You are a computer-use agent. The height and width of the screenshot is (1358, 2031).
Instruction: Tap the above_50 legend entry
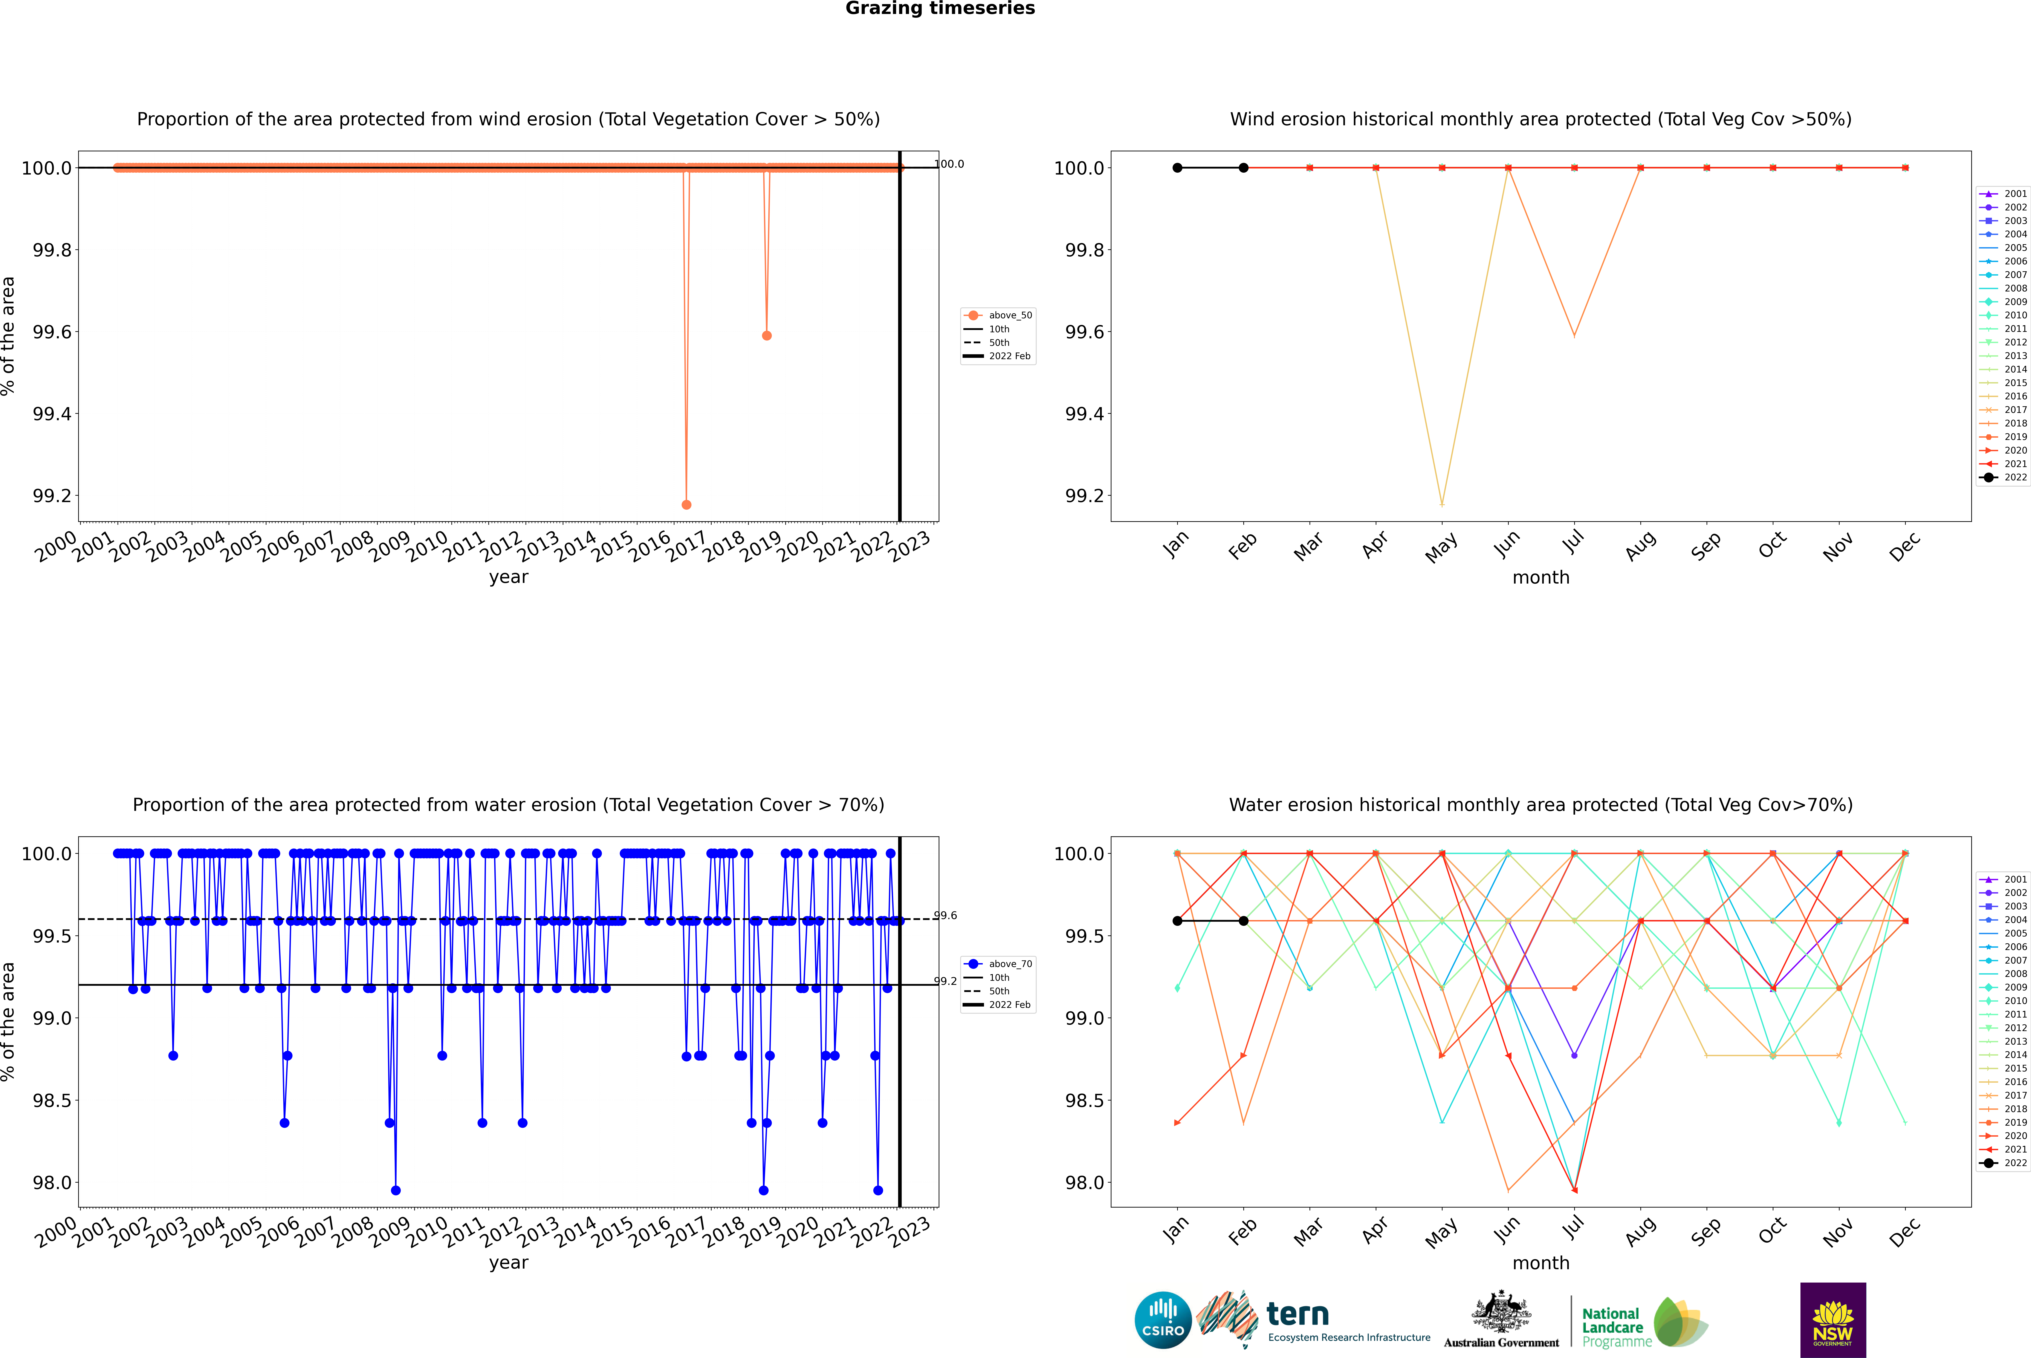click(x=1009, y=315)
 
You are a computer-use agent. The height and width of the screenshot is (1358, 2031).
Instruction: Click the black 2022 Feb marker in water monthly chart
click(x=1243, y=921)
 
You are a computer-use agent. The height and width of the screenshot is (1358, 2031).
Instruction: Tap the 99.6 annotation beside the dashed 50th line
click(x=945, y=915)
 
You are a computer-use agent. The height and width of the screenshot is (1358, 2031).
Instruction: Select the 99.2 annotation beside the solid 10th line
click(x=945, y=981)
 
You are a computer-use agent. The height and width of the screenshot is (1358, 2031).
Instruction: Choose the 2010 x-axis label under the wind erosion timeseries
click(x=427, y=547)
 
